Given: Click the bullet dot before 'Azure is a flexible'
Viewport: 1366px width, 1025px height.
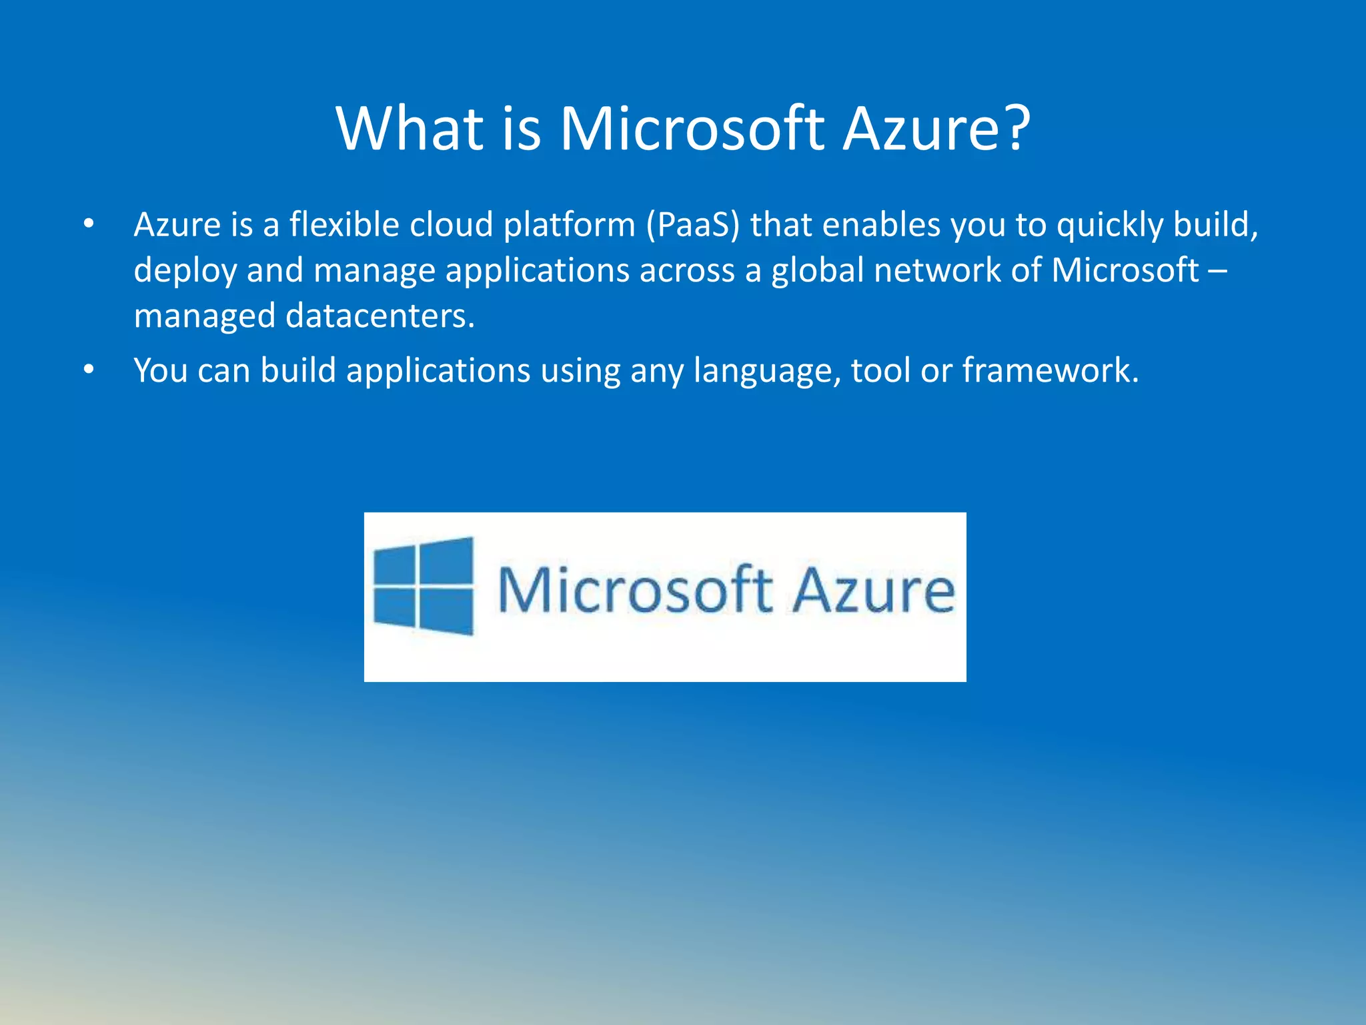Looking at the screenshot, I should coord(89,225).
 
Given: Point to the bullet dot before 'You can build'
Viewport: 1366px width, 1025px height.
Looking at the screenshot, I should coord(89,370).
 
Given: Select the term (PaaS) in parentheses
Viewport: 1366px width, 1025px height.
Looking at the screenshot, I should coord(692,225).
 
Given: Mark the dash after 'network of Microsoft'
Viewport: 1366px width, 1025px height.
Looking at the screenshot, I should coord(1217,270).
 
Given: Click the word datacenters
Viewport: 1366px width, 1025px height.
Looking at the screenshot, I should coord(380,316).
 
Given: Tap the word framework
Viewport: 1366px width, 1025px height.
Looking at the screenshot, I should coord(1050,370).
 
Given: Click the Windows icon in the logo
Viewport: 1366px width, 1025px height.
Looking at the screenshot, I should coord(423,587).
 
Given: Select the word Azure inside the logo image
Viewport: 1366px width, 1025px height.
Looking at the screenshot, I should coord(874,590).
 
